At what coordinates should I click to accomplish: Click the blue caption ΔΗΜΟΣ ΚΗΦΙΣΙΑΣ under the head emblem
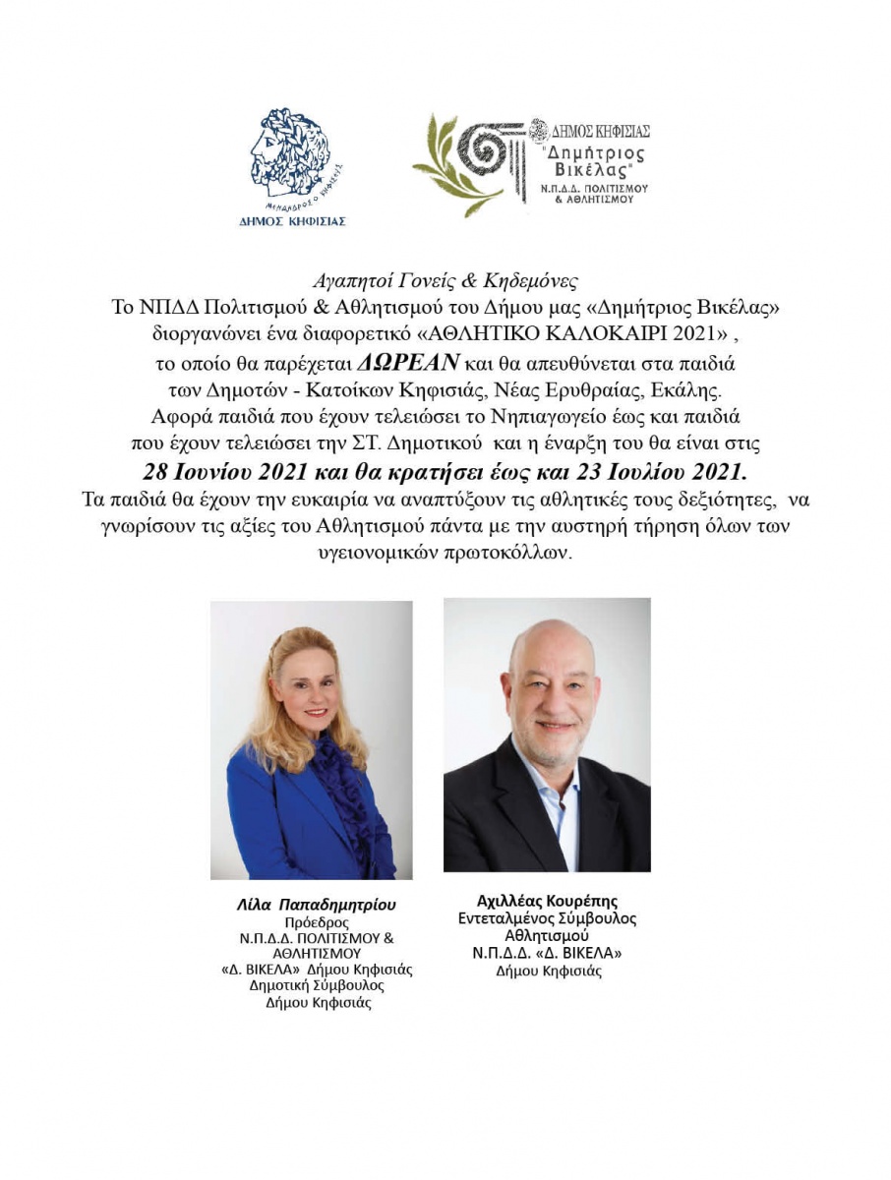pyautogui.click(x=293, y=221)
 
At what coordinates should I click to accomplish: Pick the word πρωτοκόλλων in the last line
pyautogui.click(x=508, y=553)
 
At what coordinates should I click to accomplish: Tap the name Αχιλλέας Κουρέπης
pyautogui.click(x=547, y=901)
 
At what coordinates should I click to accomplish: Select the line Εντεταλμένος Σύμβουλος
pyautogui.click(x=547, y=918)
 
